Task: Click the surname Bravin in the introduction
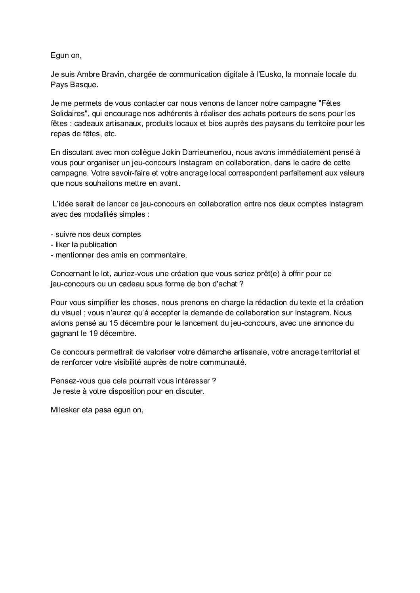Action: click(x=114, y=74)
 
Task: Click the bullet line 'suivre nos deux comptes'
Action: click(x=96, y=235)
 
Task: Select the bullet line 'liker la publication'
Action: click(x=84, y=245)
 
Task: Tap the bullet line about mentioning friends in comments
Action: click(x=119, y=255)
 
